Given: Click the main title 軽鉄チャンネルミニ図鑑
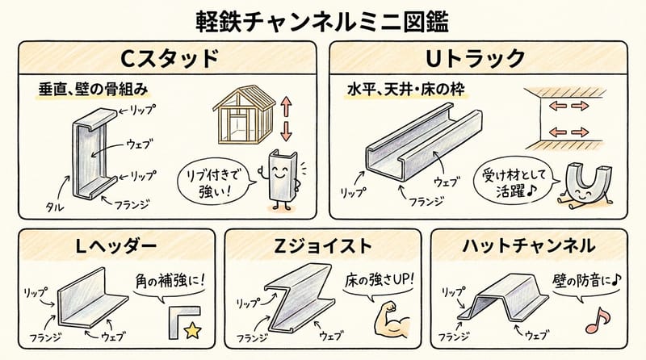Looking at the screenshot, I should pos(322,19).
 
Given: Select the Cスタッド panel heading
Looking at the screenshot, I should pos(169,58).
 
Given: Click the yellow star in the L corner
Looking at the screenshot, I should pos(192,329).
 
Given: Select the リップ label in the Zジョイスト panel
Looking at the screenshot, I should pos(246,301).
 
